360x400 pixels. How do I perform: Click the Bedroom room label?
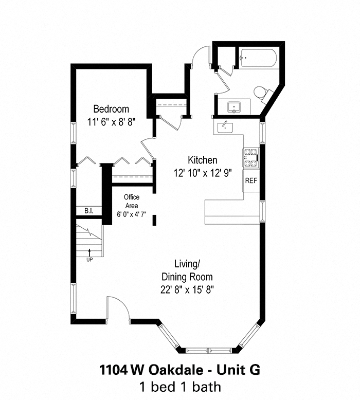111,109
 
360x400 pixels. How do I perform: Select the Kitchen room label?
202,160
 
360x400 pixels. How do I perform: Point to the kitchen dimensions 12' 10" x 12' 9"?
202,173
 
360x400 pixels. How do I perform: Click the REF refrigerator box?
250,181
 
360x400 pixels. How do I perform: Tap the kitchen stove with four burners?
251,158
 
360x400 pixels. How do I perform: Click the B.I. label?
88,211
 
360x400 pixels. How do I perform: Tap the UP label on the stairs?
90,260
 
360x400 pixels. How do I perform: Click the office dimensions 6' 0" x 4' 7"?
132,213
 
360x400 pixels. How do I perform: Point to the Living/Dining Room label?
186,270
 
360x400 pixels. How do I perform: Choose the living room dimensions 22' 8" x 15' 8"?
186,289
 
